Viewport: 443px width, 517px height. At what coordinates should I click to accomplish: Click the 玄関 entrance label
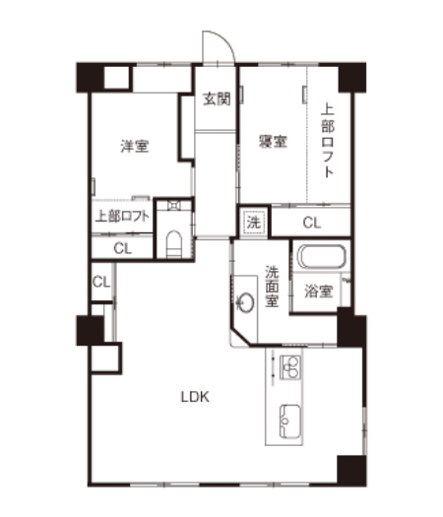pyautogui.click(x=217, y=98)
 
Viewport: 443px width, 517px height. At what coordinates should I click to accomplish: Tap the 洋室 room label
pyautogui.click(x=135, y=146)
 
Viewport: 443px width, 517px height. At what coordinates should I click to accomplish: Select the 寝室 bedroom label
pyautogui.click(x=273, y=141)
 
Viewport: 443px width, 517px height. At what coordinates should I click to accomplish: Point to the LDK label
pyautogui.click(x=195, y=397)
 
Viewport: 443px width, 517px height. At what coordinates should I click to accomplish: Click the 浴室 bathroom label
pyautogui.click(x=318, y=291)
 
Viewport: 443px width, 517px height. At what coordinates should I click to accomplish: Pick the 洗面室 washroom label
pyautogui.click(x=273, y=287)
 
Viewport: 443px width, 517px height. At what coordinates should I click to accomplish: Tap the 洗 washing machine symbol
pyautogui.click(x=254, y=223)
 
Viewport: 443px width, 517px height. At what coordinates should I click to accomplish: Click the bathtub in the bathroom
pyautogui.click(x=322, y=256)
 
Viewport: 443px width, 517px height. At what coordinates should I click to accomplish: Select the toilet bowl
pyautogui.click(x=173, y=244)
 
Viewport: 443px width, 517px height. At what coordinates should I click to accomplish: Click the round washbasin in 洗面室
pyautogui.click(x=245, y=301)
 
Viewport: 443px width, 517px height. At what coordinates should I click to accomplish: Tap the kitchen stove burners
pyautogui.click(x=290, y=367)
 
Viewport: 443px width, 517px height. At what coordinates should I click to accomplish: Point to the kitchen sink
pyautogui.click(x=290, y=421)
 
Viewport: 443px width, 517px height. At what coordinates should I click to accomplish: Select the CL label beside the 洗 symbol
pyautogui.click(x=311, y=223)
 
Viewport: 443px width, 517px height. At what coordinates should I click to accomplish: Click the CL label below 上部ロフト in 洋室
pyautogui.click(x=122, y=248)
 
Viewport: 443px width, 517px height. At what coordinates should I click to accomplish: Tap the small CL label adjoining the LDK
pyautogui.click(x=100, y=282)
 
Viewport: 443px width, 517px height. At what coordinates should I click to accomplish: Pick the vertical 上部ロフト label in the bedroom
pyautogui.click(x=328, y=141)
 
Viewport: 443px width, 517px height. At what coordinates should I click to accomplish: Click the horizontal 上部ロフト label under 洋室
pyautogui.click(x=122, y=217)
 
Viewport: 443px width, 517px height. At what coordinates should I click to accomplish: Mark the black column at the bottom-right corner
pyautogui.click(x=351, y=471)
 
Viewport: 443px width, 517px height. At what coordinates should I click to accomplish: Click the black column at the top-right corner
pyautogui.click(x=352, y=77)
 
